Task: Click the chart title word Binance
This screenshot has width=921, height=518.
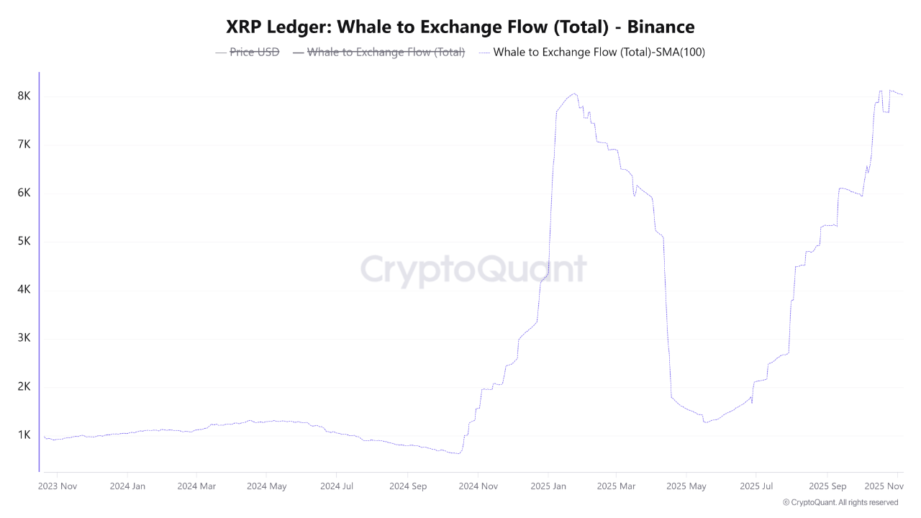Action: coord(661,27)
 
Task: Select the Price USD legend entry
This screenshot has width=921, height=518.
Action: coord(253,52)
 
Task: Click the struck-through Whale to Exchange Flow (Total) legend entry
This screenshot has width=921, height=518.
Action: coord(386,52)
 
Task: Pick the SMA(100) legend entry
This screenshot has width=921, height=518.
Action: coord(599,52)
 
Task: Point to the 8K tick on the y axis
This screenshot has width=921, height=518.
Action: coord(24,96)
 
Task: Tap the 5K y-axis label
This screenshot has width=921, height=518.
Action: coord(24,242)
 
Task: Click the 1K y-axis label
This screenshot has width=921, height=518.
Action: coord(24,435)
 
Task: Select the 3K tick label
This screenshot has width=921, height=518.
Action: coord(24,338)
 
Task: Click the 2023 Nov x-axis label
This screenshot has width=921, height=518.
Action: coord(57,486)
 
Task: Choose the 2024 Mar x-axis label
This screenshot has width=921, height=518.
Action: coord(196,486)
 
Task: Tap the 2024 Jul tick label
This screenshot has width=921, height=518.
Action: coord(337,486)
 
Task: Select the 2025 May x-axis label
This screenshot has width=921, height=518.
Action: coord(687,486)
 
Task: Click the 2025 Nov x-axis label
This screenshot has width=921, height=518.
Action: coord(883,486)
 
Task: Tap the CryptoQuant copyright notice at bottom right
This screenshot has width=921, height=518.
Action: coord(840,502)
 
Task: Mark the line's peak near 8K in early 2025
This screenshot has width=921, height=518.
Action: coord(573,94)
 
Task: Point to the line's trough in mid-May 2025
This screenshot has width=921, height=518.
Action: coord(706,422)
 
